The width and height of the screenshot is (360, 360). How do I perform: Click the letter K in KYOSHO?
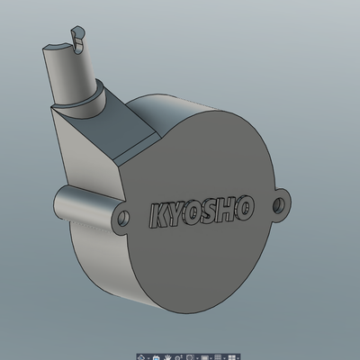[157, 217]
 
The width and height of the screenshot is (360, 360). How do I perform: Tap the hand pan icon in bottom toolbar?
[157, 355]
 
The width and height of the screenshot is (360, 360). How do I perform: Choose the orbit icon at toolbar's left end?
[142, 355]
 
